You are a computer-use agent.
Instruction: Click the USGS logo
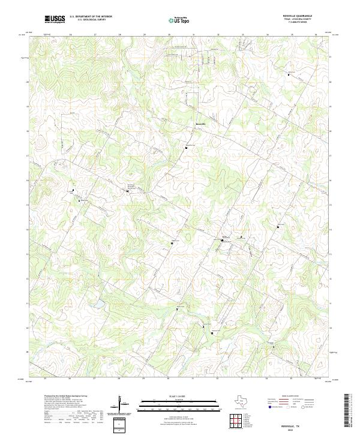(55, 19)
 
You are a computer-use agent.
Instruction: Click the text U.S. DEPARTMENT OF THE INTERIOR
(91, 17)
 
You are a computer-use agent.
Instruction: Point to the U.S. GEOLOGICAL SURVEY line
(91, 20)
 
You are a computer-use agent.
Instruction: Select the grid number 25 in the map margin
(45, 379)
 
